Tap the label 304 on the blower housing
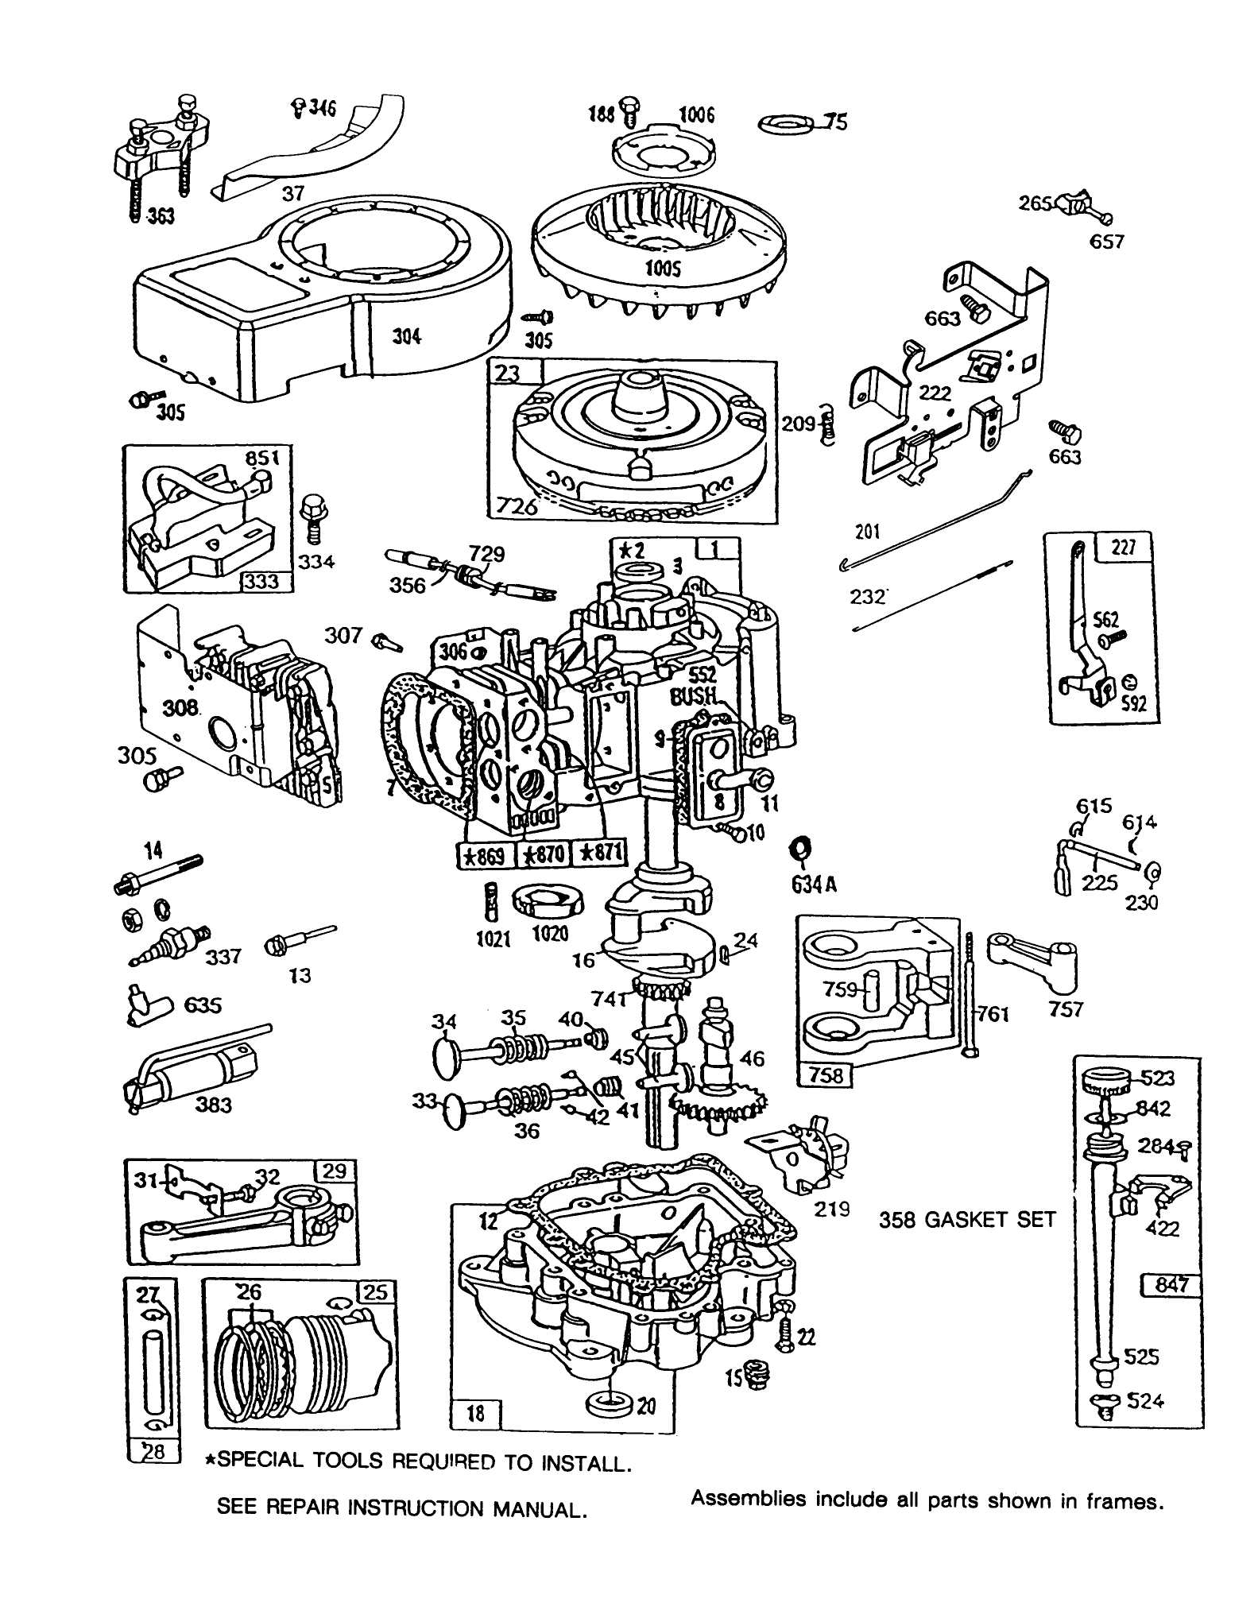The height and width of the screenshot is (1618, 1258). (406, 337)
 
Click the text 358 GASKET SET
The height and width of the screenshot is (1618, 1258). (966, 1219)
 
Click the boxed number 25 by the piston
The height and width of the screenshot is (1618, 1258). (374, 1292)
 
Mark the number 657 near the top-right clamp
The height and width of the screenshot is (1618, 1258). (1105, 242)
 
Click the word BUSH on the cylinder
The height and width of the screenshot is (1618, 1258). (693, 697)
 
